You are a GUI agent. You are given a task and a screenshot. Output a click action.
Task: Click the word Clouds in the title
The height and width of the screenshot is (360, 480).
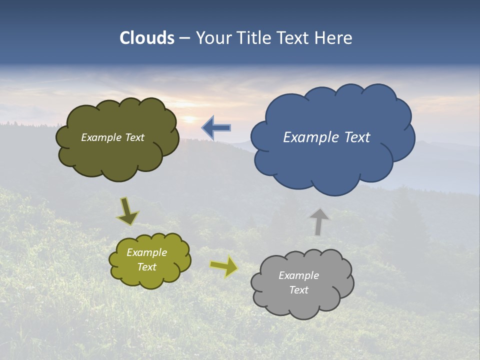(x=147, y=38)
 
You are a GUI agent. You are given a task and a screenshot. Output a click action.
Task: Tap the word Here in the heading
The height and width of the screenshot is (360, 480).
(x=334, y=38)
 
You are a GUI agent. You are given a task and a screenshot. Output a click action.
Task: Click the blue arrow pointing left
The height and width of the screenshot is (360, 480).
(x=216, y=128)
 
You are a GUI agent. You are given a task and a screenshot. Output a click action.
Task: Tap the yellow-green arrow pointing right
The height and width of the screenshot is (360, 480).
(x=224, y=266)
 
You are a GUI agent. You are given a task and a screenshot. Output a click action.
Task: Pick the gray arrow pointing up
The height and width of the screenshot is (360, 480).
(x=318, y=221)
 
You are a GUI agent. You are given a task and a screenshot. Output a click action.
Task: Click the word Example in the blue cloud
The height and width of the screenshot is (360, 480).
(x=305, y=137)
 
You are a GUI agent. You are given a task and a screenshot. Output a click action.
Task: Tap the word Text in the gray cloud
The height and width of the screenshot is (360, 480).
(x=298, y=290)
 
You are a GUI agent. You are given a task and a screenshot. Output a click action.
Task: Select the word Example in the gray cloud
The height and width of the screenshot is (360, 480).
(x=298, y=275)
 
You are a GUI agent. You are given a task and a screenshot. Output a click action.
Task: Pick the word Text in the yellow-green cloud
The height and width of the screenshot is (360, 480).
(x=147, y=267)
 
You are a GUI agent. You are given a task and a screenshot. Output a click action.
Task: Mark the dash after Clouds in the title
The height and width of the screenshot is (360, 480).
(x=184, y=38)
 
